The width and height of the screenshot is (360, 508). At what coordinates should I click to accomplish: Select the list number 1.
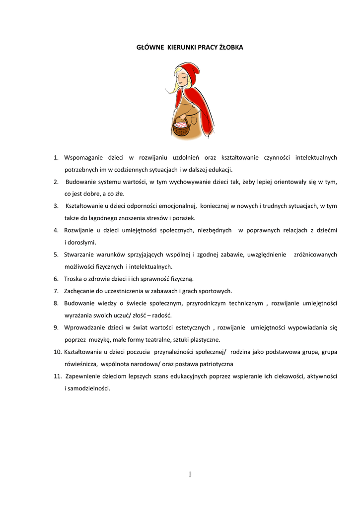click(x=56, y=158)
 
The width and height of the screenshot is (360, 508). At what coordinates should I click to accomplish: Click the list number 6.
click(x=56, y=279)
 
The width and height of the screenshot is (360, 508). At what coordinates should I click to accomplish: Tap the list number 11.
click(x=57, y=376)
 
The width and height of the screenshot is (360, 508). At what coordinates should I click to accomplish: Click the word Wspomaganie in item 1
click(x=83, y=158)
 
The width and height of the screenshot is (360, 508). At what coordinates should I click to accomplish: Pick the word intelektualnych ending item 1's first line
click(x=316, y=158)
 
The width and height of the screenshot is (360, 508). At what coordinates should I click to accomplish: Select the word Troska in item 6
click(x=73, y=279)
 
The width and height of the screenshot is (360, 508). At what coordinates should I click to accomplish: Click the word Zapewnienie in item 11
click(x=84, y=376)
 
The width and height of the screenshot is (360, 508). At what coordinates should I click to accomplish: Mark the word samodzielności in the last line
click(x=89, y=388)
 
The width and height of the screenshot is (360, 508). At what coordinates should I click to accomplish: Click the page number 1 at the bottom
click(x=190, y=475)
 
